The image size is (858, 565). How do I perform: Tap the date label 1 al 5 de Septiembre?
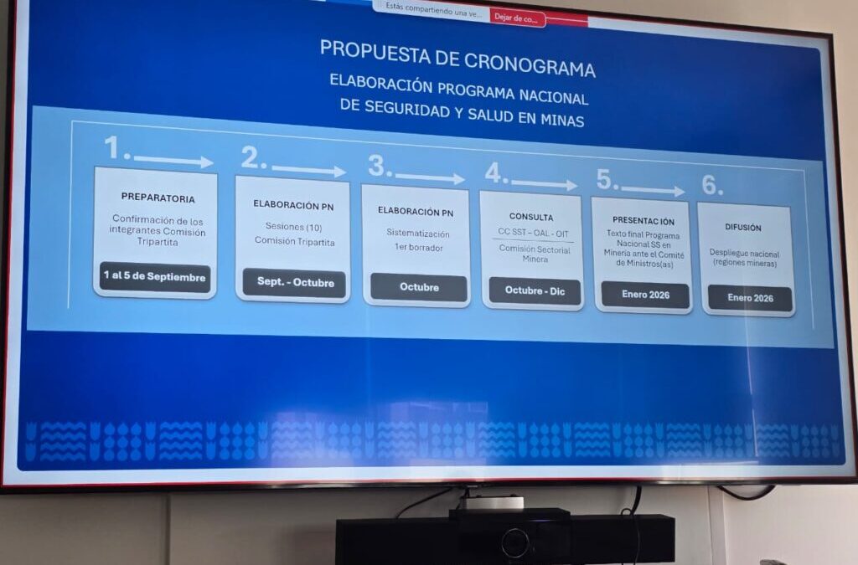tap(154, 277)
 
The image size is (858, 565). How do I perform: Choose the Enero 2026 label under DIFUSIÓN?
tap(750, 298)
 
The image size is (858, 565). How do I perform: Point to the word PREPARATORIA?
tap(158, 198)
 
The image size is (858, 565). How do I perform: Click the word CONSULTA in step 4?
tap(531, 218)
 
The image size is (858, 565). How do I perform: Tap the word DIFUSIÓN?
tap(743, 227)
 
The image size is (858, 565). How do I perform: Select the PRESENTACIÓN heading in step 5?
tap(643, 222)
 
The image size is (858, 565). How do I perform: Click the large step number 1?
tap(116, 149)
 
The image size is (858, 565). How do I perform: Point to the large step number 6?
tap(711, 184)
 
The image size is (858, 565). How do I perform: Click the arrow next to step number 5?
tap(653, 190)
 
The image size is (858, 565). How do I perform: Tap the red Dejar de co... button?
tap(517, 18)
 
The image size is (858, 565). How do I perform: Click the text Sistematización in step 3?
tap(418, 234)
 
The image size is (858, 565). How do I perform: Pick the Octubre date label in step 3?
tap(418, 287)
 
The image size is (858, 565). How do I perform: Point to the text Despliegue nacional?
tap(744, 254)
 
